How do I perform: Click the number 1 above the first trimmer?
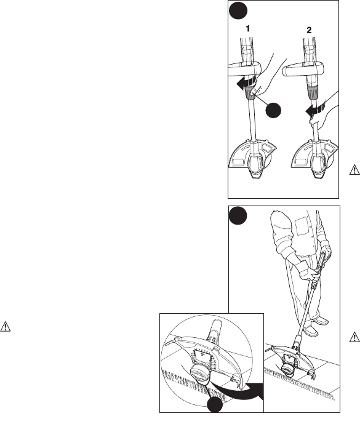pos(248,29)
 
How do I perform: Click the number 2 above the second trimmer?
pos(309,30)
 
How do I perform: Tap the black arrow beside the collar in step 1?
pos(244,84)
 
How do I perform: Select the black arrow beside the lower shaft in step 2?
pos(314,110)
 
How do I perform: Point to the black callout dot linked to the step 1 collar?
pos(273,111)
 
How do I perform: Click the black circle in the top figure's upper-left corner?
pos(238,10)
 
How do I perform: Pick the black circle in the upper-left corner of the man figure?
pos(238,215)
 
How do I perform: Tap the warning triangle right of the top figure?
pos(354,170)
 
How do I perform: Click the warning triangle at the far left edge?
pos(6,327)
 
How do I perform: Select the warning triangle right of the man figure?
pos(354,337)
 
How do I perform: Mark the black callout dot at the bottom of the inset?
pos(215,405)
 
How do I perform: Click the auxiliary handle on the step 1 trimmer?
pos(244,69)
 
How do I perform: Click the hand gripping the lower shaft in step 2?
pos(321,117)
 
